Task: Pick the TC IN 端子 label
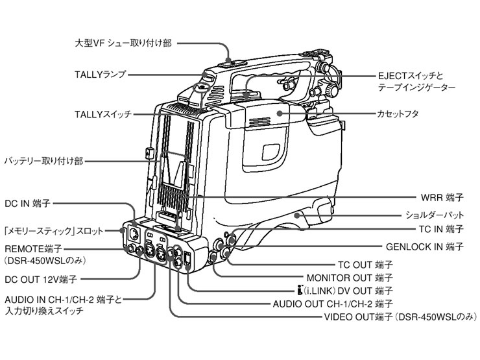click(x=439, y=230)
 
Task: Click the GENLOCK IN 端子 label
click(x=424, y=246)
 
